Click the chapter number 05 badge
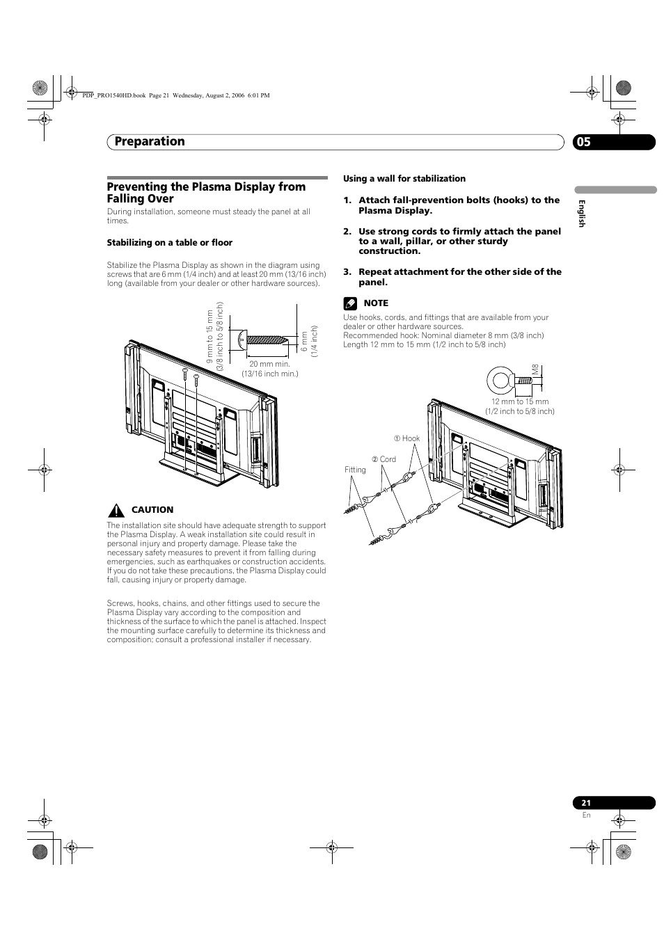(584, 142)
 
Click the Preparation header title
(150, 141)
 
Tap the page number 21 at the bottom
(586, 803)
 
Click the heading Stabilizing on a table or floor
(169, 243)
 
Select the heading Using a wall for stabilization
(404, 179)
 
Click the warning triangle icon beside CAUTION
(115, 509)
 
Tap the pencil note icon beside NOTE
(349, 303)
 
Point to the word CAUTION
(152, 510)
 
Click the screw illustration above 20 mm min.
(262, 340)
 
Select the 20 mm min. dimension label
(270, 364)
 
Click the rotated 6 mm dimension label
(304, 340)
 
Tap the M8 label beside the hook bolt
(535, 371)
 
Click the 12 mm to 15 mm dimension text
(520, 401)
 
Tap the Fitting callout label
(355, 470)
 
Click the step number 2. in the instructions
(347, 232)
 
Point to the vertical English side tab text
(583, 213)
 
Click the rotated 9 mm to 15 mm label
(210, 337)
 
